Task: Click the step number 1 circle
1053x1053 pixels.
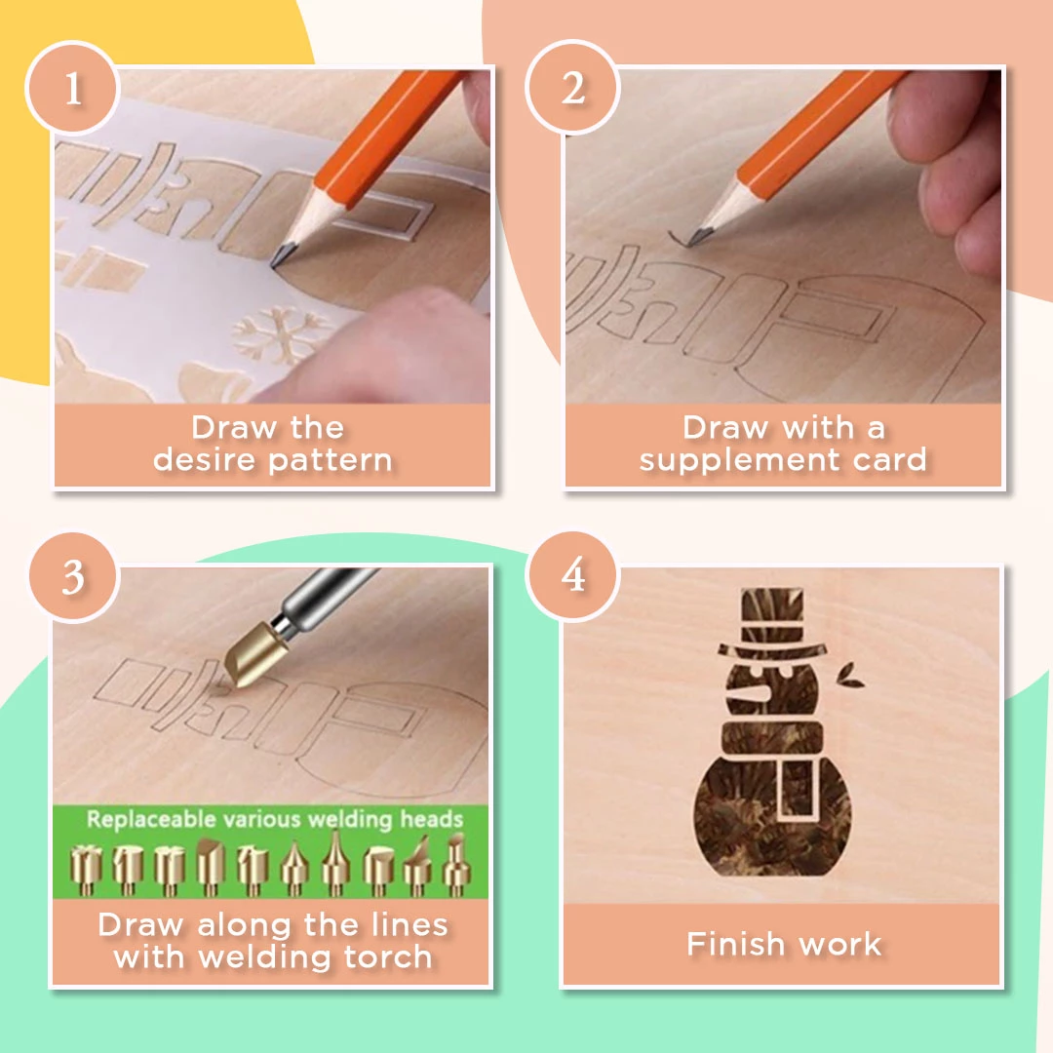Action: (72, 88)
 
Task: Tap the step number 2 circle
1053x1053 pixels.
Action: (572, 88)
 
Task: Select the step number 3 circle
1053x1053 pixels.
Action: (73, 577)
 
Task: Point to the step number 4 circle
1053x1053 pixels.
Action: (572, 575)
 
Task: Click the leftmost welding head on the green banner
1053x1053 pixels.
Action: (85, 871)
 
